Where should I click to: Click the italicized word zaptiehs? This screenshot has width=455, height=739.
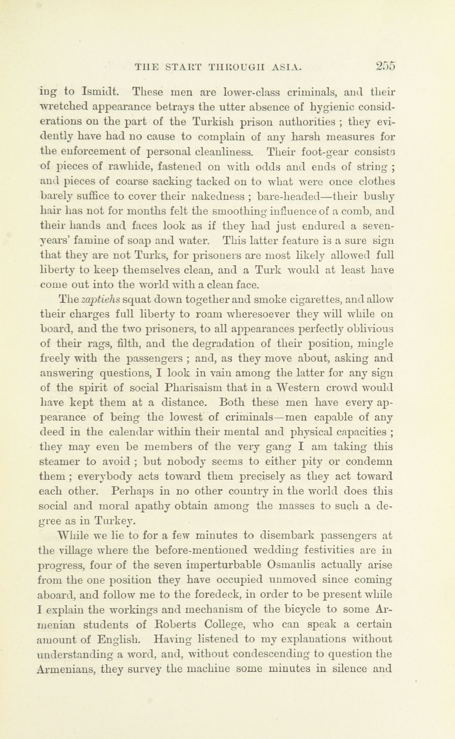tap(101, 300)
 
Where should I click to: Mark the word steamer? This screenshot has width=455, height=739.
tap(60, 462)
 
